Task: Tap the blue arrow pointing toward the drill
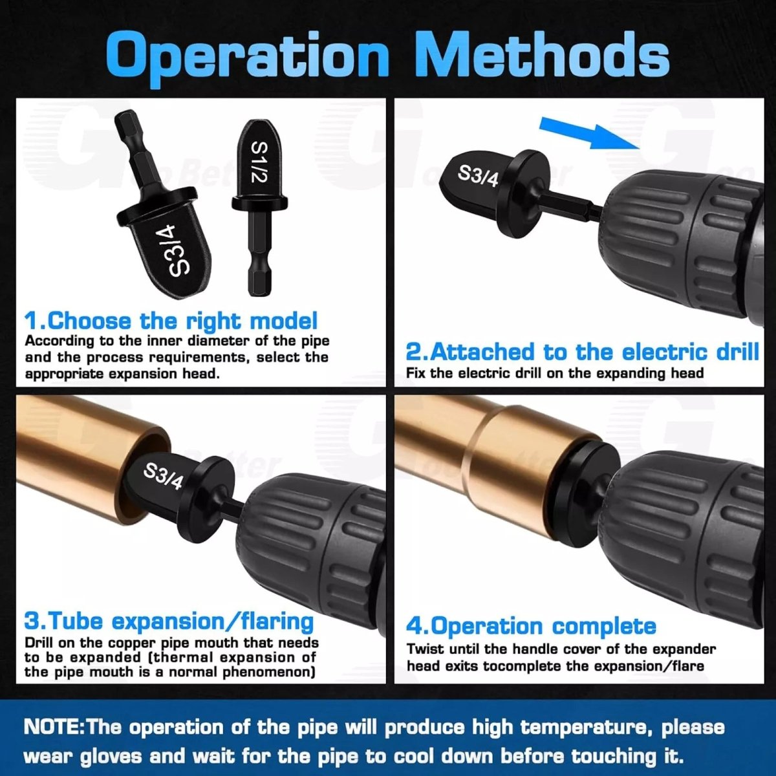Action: point(590,134)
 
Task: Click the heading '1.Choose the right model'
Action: point(171,321)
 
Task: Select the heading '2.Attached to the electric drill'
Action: point(582,351)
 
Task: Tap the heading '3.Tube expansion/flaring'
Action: point(169,621)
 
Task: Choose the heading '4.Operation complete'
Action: point(531,626)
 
